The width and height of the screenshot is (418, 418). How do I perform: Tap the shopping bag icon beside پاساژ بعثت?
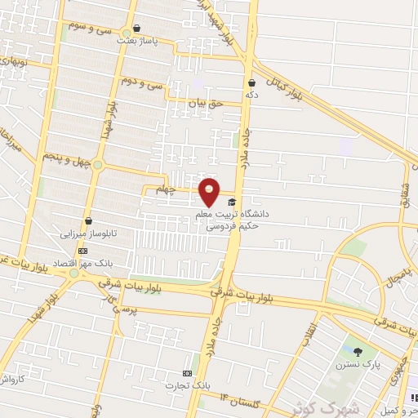coord(136,27)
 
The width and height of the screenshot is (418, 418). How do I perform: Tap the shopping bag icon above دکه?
coord(251,82)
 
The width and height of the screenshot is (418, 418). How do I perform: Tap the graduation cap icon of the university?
coord(232,202)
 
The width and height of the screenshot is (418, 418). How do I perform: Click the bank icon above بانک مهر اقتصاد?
coord(82,251)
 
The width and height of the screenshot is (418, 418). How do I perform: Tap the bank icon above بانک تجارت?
coord(187,371)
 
